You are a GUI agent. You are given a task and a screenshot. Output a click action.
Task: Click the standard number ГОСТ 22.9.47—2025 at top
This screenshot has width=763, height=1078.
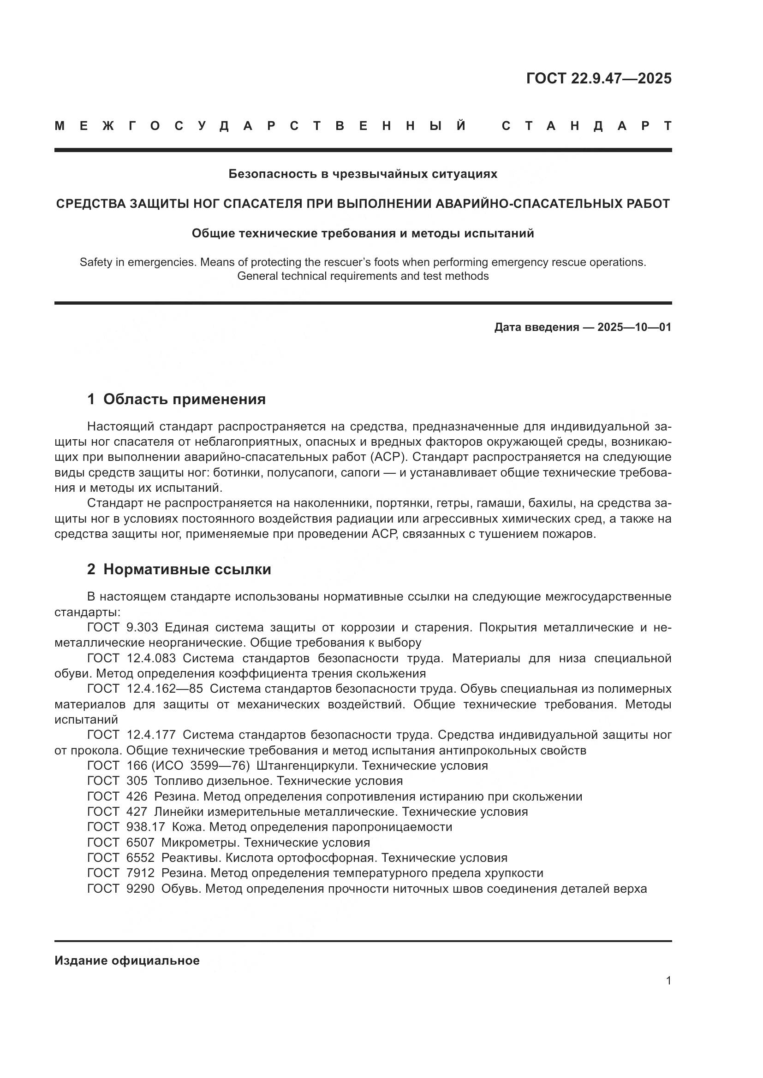[599, 78]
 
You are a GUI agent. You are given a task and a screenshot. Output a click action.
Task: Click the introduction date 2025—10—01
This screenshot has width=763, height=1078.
[634, 327]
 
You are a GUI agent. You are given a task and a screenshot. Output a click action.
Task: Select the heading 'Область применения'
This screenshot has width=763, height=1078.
[184, 399]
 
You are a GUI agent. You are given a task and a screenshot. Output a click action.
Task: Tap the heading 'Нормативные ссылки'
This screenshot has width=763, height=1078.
[187, 569]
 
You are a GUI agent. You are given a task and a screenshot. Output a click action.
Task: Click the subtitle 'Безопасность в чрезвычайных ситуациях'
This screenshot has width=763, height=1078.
[363, 174]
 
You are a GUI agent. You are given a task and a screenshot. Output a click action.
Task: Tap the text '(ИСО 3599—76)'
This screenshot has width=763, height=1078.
[201, 766]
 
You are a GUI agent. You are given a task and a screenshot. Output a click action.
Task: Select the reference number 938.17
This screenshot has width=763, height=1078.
[146, 827]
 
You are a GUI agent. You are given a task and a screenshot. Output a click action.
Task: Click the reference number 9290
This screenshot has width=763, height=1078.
[141, 888]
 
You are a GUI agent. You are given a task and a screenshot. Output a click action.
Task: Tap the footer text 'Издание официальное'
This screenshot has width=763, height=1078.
[127, 960]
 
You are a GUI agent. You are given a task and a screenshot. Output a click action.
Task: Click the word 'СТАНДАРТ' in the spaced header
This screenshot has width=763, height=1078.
[586, 126]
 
